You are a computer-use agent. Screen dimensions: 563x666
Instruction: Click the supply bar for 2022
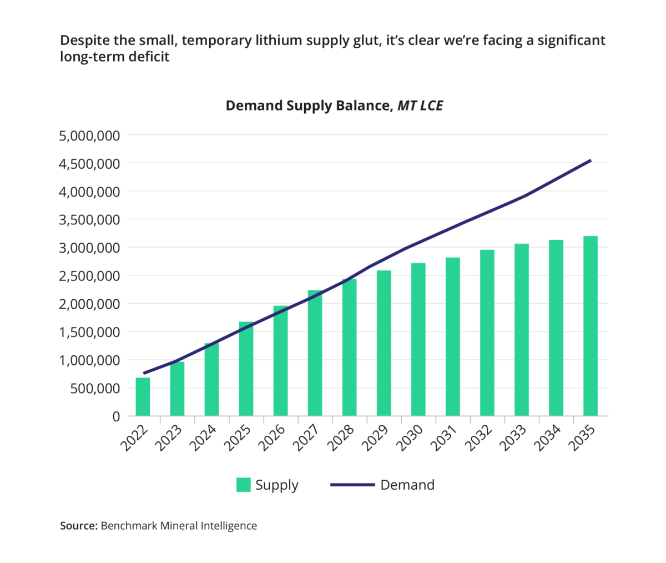click(143, 396)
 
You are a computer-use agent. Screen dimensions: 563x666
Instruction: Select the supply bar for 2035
click(591, 326)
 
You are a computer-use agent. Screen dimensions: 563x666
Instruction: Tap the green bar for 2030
click(418, 339)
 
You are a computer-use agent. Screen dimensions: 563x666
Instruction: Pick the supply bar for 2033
click(521, 330)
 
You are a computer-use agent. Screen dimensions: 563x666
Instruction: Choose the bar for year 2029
click(384, 343)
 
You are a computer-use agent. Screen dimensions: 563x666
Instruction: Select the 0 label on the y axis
click(116, 416)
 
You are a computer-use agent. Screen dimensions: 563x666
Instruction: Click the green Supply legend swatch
click(243, 485)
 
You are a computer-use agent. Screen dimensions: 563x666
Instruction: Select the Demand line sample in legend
click(352, 485)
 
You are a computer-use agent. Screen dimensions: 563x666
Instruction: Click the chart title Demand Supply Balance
click(308, 105)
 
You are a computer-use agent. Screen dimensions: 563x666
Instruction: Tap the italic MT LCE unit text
click(420, 105)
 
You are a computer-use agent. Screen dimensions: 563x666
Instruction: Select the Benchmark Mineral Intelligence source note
click(158, 525)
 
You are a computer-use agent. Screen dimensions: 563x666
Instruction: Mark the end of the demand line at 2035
click(591, 160)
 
